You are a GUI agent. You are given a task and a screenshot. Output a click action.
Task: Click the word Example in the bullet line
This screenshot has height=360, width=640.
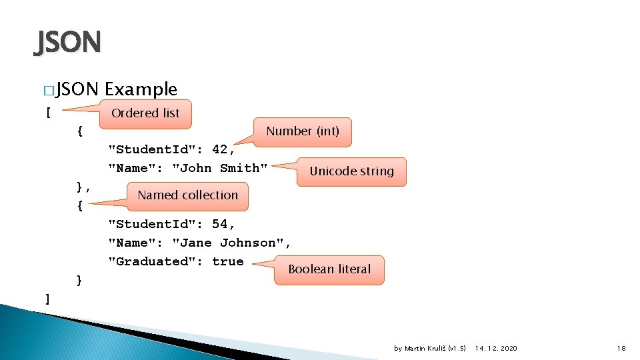click(x=141, y=89)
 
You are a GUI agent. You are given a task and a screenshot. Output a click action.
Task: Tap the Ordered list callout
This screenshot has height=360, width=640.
click(x=145, y=113)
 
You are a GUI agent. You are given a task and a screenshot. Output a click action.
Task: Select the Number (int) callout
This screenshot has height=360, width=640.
click(x=303, y=131)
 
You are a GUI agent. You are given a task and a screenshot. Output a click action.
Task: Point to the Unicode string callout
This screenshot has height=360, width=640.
click(x=351, y=171)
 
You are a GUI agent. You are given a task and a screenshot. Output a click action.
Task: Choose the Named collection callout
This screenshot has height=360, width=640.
click(x=187, y=195)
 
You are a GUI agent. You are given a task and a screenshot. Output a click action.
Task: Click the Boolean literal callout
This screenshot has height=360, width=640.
click(x=329, y=269)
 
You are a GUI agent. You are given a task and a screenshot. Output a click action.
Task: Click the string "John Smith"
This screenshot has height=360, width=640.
click(x=220, y=168)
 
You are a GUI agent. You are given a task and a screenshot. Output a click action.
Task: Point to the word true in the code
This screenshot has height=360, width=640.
click(x=228, y=261)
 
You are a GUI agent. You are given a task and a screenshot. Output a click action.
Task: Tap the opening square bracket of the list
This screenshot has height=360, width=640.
click(x=48, y=112)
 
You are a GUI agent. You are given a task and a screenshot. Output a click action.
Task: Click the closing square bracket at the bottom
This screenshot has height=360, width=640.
click(x=47, y=299)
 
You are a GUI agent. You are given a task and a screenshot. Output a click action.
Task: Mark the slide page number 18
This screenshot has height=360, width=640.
click(x=621, y=349)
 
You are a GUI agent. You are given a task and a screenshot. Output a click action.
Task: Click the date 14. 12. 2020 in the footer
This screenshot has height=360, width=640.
click(x=496, y=349)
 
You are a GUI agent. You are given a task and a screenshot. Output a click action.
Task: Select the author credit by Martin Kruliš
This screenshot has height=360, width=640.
click(x=430, y=349)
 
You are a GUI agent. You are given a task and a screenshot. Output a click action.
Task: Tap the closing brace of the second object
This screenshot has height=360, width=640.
click(x=79, y=280)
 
